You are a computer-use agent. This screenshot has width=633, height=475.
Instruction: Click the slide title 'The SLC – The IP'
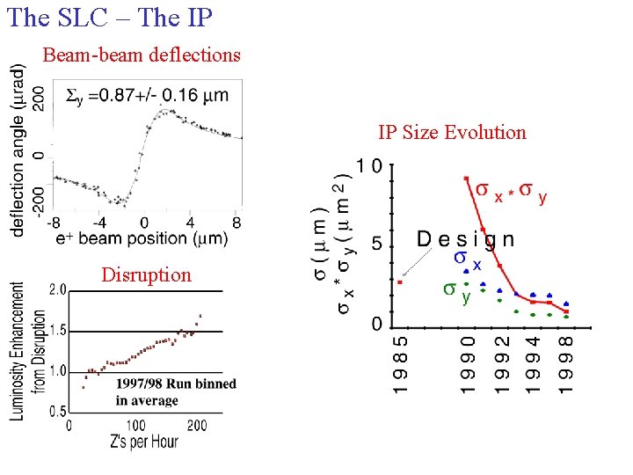[110, 17]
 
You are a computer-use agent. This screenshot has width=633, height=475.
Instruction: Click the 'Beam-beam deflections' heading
[142, 55]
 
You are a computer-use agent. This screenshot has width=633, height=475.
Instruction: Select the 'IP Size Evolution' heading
[452, 133]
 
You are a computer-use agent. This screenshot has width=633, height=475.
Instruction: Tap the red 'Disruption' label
[146, 274]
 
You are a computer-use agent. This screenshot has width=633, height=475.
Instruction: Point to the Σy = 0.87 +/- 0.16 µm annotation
[148, 94]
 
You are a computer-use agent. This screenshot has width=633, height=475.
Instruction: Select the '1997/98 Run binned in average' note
[175, 391]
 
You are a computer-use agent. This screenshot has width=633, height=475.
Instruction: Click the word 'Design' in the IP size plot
[465, 238]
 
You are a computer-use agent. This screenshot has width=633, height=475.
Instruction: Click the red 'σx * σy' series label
[511, 191]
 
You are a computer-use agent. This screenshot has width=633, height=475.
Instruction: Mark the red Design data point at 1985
[399, 282]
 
